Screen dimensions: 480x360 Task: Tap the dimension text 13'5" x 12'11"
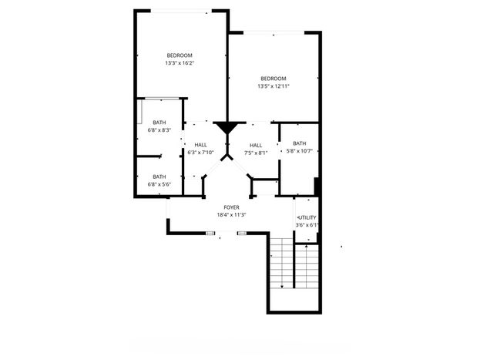coord(274,86)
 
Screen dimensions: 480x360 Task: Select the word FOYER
coord(231,207)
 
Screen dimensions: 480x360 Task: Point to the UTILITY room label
coord(307,217)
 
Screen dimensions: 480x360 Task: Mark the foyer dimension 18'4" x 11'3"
coord(231,215)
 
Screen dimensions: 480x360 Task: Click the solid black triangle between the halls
coord(227,127)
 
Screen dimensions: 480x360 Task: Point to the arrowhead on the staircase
coord(282,287)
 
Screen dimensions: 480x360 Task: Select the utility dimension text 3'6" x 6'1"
coord(307,225)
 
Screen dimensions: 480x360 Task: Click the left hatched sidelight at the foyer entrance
coord(210,234)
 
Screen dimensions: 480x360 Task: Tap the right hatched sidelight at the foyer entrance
coord(242,234)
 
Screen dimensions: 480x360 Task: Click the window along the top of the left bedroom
coord(181,12)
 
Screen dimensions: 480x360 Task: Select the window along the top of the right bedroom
coord(274,33)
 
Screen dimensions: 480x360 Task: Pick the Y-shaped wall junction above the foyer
coord(227,157)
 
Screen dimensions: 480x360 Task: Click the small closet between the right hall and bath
coord(265,187)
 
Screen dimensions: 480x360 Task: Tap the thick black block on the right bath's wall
coord(317,187)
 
